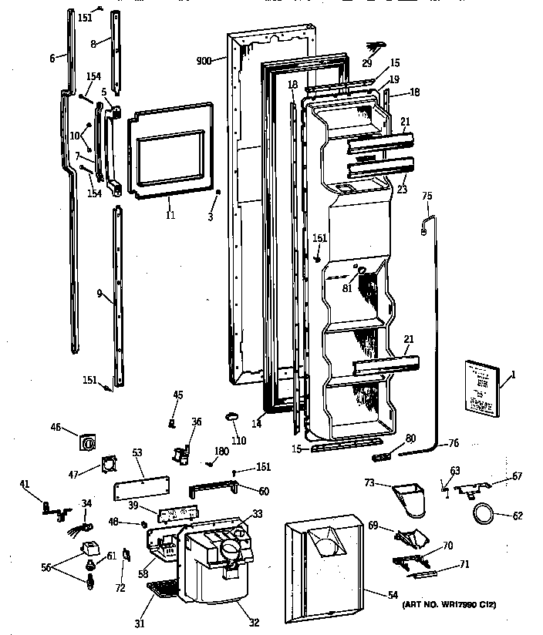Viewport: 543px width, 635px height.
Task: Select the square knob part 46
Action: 87,445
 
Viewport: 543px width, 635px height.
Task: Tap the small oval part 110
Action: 234,417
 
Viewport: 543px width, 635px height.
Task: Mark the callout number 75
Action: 427,196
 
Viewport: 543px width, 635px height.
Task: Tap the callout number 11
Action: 170,216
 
